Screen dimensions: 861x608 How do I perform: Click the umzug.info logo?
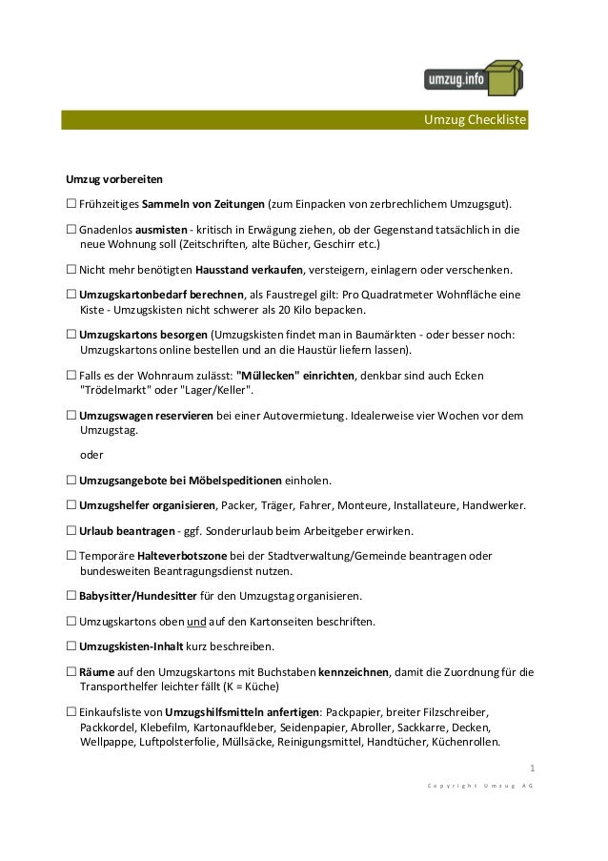point(474,77)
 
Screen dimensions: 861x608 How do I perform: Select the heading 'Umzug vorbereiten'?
point(113,178)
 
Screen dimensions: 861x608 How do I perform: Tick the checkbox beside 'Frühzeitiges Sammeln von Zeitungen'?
point(71,204)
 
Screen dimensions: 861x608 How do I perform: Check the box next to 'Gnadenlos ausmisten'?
point(71,230)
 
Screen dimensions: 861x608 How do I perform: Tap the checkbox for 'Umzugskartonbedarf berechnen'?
point(71,295)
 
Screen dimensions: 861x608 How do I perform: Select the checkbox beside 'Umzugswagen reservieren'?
point(71,415)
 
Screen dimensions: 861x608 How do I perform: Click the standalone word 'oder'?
point(92,455)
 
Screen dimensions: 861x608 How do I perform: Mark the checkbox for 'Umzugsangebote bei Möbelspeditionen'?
point(71,480)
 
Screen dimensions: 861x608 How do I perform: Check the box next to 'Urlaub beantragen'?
point(71,530)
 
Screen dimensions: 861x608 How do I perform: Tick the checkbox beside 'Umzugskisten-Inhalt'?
point(71,647)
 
